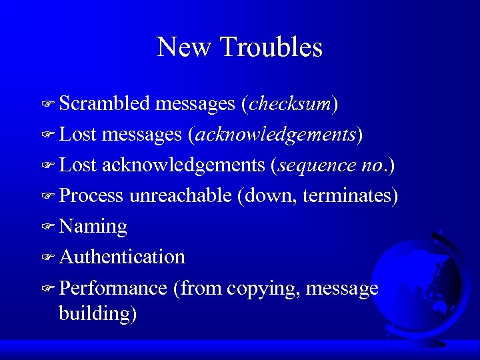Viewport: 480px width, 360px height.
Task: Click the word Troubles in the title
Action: [271, 47]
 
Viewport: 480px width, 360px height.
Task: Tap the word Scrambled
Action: [105, 104]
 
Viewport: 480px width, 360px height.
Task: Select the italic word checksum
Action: [290, 104]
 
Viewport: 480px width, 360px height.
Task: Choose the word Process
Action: [91, 196]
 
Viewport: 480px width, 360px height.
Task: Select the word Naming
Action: [93, 227]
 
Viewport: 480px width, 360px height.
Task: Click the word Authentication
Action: [122, 257]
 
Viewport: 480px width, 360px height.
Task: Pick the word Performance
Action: [113, 288]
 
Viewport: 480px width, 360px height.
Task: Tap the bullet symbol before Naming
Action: [47, 227]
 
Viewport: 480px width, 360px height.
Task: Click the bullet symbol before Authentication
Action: [47, 257]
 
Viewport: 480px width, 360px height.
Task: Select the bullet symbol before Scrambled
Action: [47, 105]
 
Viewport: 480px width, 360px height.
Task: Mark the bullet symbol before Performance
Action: [47, 289]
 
